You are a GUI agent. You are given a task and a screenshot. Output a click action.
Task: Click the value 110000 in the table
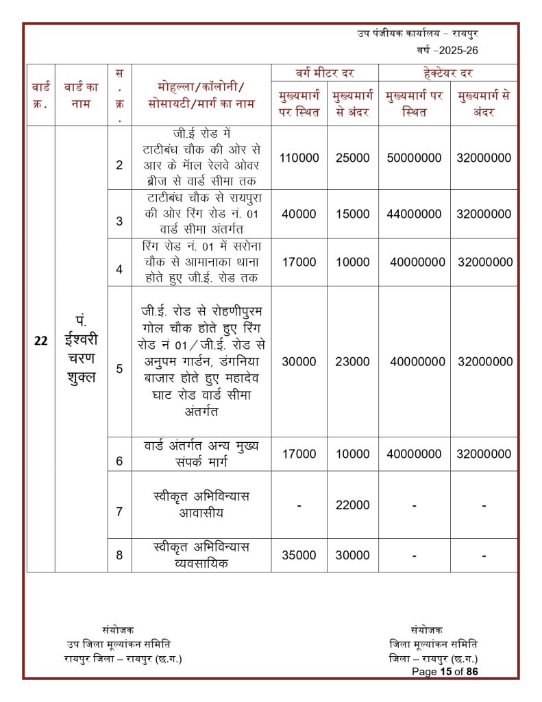(x=299, y=158)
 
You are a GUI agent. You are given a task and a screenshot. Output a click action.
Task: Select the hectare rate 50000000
(x=414, y=158)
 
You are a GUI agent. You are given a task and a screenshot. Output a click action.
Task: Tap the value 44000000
(x=414, y=214)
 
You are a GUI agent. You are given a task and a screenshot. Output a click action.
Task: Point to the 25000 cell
(x=352, y=158)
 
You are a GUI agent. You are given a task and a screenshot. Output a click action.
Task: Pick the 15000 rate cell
(x=352, y=214)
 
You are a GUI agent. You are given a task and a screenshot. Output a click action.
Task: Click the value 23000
(x=352, y=361)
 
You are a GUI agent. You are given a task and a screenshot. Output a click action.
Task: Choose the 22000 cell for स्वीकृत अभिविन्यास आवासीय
(x=352, y=505)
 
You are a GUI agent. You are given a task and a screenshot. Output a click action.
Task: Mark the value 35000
(x=299, y=555)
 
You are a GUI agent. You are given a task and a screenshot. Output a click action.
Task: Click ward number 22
(x=40, y=341)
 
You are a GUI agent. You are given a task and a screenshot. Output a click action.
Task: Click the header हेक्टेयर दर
(x=448, y=73)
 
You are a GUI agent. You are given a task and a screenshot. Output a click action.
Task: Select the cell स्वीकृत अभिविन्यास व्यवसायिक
(x=201, y=555)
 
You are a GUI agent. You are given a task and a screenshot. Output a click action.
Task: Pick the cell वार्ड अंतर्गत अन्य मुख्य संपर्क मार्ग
(x=201, y=453)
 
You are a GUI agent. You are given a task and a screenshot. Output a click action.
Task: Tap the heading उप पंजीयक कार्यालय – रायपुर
(x=417, y=33)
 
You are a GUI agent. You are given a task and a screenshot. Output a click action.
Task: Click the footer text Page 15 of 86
(x=445, y=672)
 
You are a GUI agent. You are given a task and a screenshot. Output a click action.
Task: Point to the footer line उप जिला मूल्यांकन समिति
(x=119, y=644)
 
